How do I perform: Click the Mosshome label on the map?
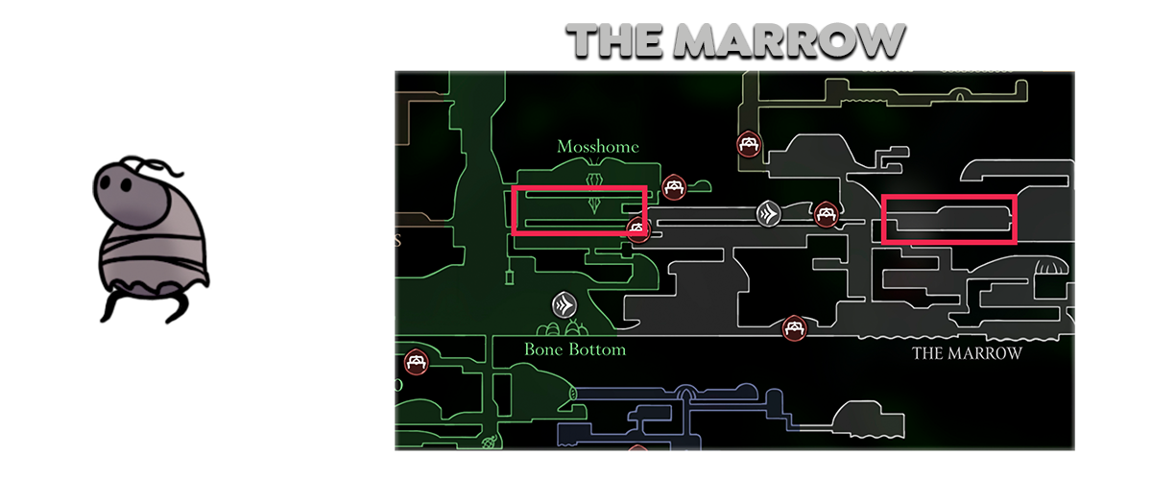pos(597,147)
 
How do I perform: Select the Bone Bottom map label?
pos(575,349)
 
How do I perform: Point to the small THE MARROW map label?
pos(967,353)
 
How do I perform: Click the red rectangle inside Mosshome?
pos(579,211)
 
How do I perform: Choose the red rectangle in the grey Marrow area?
pos(948,220)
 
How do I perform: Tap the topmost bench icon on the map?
pos(749,145)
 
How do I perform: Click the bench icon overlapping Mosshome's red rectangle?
pos(636,228)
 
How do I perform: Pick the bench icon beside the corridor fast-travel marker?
pos(824,213)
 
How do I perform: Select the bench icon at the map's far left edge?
pos(417,362)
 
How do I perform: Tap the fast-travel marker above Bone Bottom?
pos(564,305)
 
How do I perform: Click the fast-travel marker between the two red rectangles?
pos(768,213)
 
